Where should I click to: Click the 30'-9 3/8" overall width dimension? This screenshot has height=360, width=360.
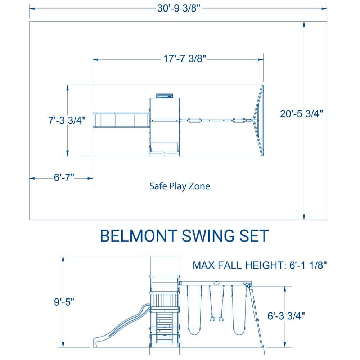coord(179,9)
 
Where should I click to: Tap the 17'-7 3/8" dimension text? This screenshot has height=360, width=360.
coord(185,59)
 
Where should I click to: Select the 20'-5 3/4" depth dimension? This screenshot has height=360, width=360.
coord(301,114)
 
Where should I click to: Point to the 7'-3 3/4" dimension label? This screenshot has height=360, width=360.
coord(67,120)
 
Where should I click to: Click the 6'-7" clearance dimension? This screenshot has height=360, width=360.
coord(64,177)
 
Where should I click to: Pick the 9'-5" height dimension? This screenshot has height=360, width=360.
coord(64,302)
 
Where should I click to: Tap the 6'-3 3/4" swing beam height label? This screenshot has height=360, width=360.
coord(286,316)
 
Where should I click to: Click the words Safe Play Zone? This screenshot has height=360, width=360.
coord(180,186)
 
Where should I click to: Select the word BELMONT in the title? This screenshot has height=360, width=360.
coord(139,236)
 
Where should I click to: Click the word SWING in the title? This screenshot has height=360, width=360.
coord(208,236)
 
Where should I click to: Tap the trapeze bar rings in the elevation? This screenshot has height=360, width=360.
coord(216,319)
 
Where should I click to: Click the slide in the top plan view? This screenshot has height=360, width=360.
coord(121,120)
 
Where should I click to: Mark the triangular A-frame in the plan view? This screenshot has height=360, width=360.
coord(258,120)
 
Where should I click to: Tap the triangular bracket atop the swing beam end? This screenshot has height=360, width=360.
coord(248,286)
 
